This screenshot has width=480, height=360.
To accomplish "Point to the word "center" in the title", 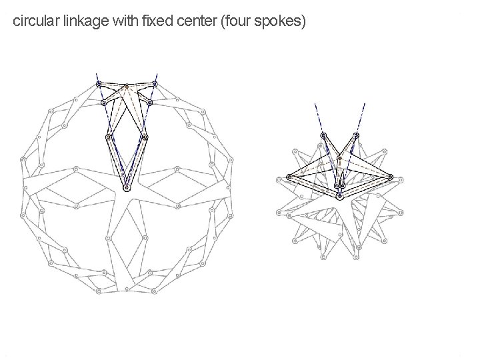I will [197, 22].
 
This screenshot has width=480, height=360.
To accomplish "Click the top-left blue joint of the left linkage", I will [99, 84].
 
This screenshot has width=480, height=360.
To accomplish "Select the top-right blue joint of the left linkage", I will [155, 84].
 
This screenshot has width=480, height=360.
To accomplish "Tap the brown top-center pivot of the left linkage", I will [127, 87].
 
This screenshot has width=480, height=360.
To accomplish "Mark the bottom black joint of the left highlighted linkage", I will [127, 188].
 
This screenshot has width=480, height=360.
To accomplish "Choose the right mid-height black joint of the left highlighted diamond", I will [145, 137].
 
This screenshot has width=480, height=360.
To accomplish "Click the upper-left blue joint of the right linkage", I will [323, 135].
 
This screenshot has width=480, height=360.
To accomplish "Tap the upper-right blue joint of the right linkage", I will [356, 135].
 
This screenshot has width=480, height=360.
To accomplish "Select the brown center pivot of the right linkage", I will [339, 158].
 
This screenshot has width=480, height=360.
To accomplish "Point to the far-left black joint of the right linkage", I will [289, 177].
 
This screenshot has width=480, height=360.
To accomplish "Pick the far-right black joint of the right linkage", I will [390, 177].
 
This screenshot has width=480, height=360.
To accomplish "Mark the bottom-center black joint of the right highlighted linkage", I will [339, 196].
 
